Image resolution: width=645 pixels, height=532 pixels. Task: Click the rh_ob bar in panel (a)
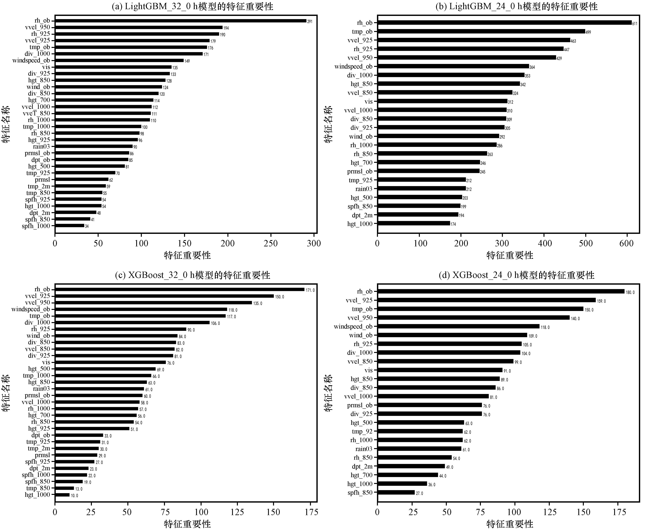click(x=181, y=21)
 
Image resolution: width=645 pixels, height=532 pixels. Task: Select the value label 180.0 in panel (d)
click(x=630, y=292)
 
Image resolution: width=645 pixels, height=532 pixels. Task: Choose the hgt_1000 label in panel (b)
click(x=360, y=224)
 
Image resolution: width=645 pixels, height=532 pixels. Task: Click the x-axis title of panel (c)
click(x=187, y=524)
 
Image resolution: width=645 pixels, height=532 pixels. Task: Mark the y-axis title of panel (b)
click(x=328, y=124)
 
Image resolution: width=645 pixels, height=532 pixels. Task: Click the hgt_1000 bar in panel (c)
click(x=62, y=495)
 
